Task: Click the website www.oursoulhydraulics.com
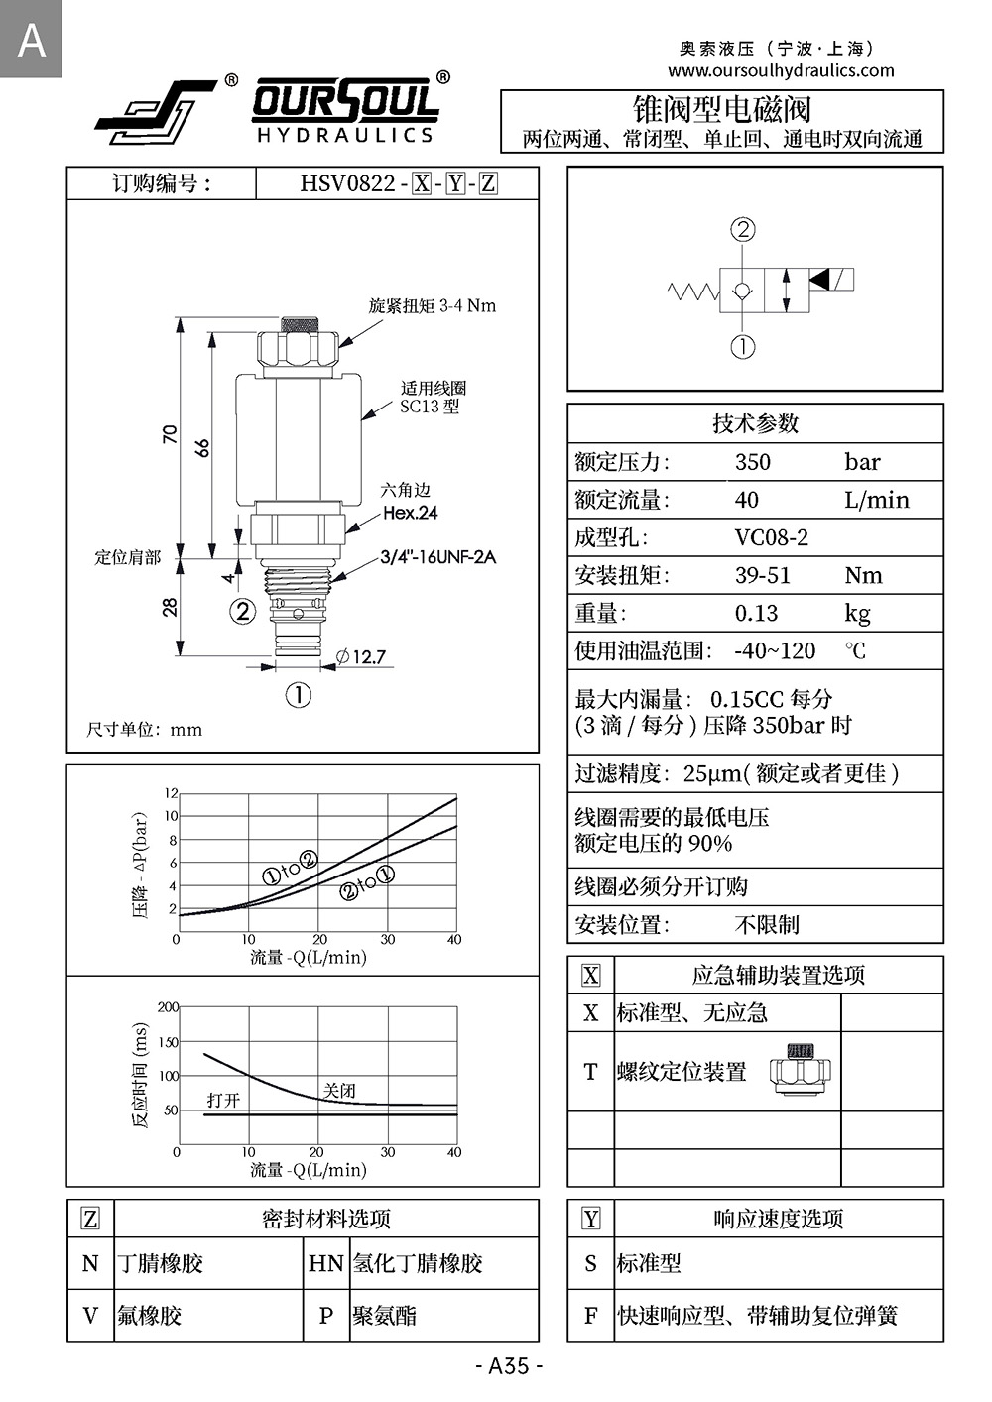781,70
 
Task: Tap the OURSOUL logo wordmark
344,101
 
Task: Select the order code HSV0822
347,183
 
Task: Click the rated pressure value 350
753,462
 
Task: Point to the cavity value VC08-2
771,537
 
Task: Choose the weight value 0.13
756,613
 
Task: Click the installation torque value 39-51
762,575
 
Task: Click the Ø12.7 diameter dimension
360,656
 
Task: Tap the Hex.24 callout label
410,513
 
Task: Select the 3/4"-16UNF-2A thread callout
437,556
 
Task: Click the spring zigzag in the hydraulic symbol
692,291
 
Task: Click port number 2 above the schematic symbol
743,230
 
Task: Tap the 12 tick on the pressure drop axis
171,793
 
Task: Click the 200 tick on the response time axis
168,1007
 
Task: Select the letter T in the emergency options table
590,1071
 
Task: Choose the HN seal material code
325,1263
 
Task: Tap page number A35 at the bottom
509,1365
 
